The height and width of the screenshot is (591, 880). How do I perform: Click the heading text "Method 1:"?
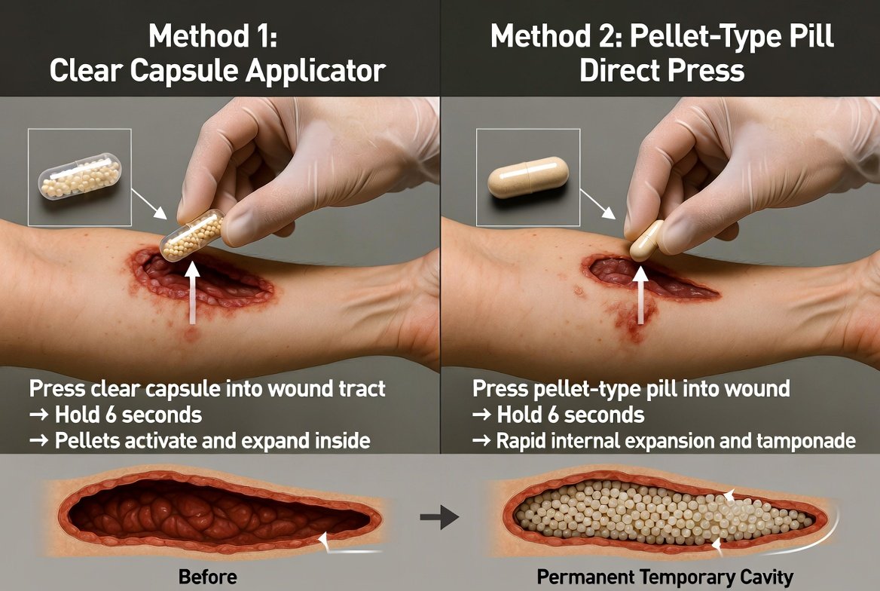[213, 36]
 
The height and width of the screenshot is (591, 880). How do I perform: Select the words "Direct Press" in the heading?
[662, 71]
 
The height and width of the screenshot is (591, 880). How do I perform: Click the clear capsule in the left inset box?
[80, 176]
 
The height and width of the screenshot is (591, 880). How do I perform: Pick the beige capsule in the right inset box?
[528, 177]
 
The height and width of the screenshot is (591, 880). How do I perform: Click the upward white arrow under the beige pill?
[641, 295]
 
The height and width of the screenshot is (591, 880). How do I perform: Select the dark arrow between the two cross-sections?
[439, 517]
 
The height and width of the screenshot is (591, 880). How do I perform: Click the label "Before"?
[208, 577]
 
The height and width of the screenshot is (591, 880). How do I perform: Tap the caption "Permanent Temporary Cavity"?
[665, 577]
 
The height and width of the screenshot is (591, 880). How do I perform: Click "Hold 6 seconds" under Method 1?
[129, 415]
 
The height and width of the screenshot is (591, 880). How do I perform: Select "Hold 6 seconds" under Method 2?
[571, 415]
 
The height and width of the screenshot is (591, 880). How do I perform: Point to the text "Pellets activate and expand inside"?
[212, 441]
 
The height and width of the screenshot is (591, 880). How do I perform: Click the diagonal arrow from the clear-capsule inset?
[149, 204]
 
